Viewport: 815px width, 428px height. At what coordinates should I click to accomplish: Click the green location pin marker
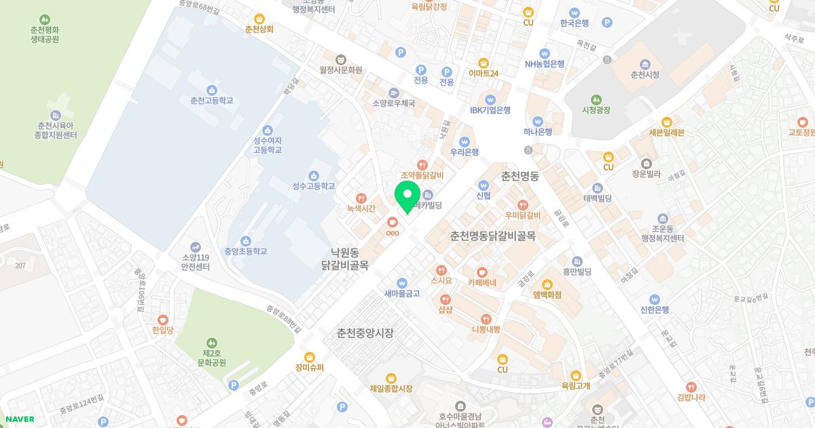407,194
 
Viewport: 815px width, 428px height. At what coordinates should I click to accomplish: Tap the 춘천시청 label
645,75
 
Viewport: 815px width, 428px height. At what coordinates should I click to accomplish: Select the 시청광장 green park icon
596,99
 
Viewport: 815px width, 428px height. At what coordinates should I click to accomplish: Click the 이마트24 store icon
484,63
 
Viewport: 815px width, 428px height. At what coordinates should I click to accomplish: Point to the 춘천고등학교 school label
211,101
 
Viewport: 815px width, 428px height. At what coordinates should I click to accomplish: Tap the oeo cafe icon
391,221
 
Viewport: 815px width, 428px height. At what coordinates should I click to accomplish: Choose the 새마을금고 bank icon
402,283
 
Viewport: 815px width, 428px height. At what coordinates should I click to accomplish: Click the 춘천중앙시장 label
365,334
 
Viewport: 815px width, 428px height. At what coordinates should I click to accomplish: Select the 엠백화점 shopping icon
547,284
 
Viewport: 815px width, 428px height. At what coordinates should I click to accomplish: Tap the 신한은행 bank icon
655,299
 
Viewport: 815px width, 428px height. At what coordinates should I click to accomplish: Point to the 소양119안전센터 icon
196,247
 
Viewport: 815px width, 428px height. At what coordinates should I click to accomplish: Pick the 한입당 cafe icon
163,319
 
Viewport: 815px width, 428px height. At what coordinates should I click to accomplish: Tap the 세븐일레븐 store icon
666,122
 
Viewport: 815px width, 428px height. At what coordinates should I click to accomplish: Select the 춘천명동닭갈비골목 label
492,236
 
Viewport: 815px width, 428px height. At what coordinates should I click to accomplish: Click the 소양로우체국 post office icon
393,92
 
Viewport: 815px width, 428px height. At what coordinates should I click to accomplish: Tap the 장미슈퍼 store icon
310,357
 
